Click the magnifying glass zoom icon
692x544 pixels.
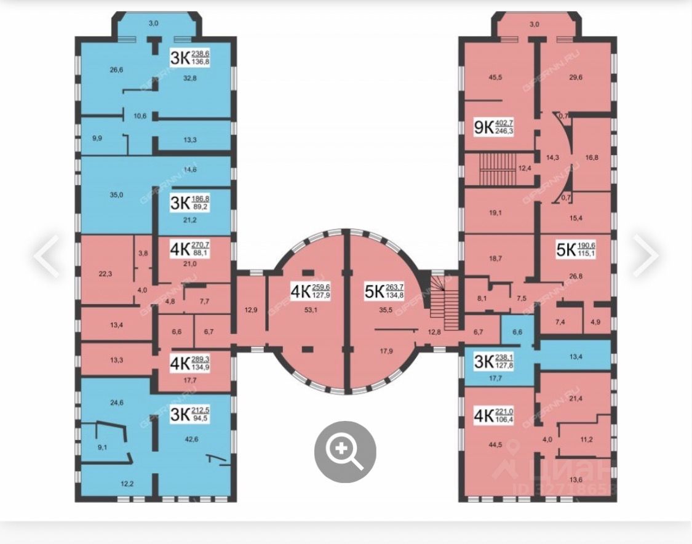(x=345, y=452)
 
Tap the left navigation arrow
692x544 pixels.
(x=46, y=255)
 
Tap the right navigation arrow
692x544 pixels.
(x=646, y=255)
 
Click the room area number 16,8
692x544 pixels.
(x=592, y=158)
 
